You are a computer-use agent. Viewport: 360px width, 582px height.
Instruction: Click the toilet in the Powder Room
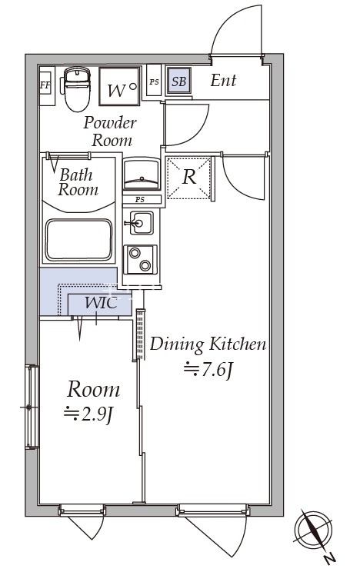point(77,89)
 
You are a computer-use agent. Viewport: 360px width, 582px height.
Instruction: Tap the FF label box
point(45,85)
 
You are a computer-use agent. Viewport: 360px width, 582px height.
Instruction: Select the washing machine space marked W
point(120,86)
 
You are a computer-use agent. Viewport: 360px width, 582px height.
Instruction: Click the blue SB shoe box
point(178,81)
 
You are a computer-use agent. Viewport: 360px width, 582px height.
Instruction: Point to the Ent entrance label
point(223,80)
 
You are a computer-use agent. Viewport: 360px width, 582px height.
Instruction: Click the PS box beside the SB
point(154,81)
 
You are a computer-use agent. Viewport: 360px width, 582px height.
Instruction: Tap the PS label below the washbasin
point(140,200)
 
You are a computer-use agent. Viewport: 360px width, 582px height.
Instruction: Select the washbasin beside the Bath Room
point(142,174)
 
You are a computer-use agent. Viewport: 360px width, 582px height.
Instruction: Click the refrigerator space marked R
point(188,178)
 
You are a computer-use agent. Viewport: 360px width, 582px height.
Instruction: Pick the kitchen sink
point(142,223)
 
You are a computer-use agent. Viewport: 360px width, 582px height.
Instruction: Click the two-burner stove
point(141,259)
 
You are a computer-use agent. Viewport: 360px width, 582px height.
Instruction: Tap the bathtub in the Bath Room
point(78,240)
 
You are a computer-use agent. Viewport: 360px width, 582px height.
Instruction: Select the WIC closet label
point(101,303)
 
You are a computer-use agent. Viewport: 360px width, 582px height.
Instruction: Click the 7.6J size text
point(208,369)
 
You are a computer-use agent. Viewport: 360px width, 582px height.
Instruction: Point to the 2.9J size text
point(88,414)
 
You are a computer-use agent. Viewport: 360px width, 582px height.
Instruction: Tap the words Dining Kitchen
point(208,344)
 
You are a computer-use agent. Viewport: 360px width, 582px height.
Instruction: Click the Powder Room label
point(110,131)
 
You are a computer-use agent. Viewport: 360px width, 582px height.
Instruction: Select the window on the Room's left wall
point(32,407)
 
